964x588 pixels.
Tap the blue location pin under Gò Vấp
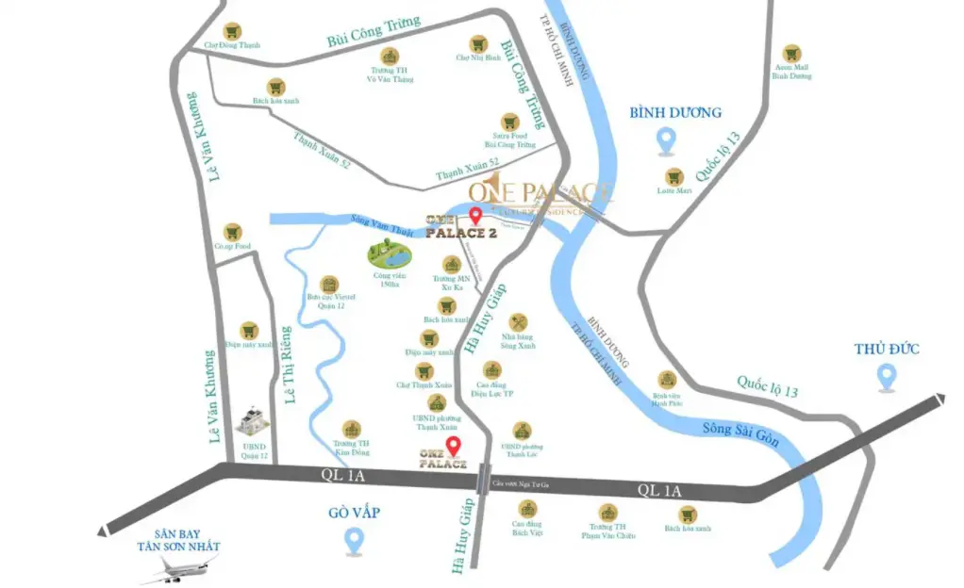point(355,541)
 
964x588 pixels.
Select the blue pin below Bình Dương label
point(667,141)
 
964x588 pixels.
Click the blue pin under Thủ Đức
point(886,377)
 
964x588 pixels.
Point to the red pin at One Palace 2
point(474,216)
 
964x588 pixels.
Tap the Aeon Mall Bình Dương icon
point(791,55)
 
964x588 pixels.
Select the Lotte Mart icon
point(674,176)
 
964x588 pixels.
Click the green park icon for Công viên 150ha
point(389,255)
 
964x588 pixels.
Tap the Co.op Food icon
point(231,232)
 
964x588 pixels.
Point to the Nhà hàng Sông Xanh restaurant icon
point(518,323)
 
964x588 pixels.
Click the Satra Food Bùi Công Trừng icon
point(510,122)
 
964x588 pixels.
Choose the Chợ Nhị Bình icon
point(478,43)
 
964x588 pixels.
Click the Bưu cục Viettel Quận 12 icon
point(329,286)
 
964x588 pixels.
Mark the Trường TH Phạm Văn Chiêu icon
point(608,514)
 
